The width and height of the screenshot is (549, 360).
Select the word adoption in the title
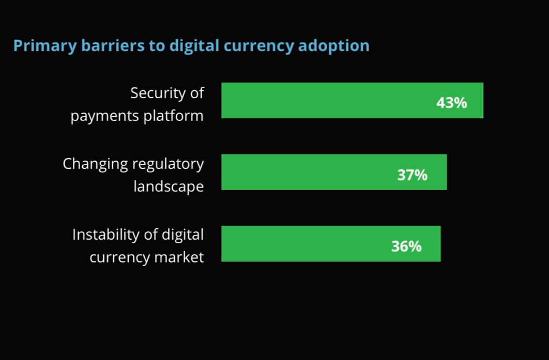coord(334,46)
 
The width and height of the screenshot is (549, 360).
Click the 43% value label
coord(451,103)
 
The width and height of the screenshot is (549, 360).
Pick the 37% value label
coord(412,175)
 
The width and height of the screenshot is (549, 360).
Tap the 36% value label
coord(406,246)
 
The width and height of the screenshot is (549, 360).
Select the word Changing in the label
coord(95,165)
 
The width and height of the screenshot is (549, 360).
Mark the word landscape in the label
coord(169,187)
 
